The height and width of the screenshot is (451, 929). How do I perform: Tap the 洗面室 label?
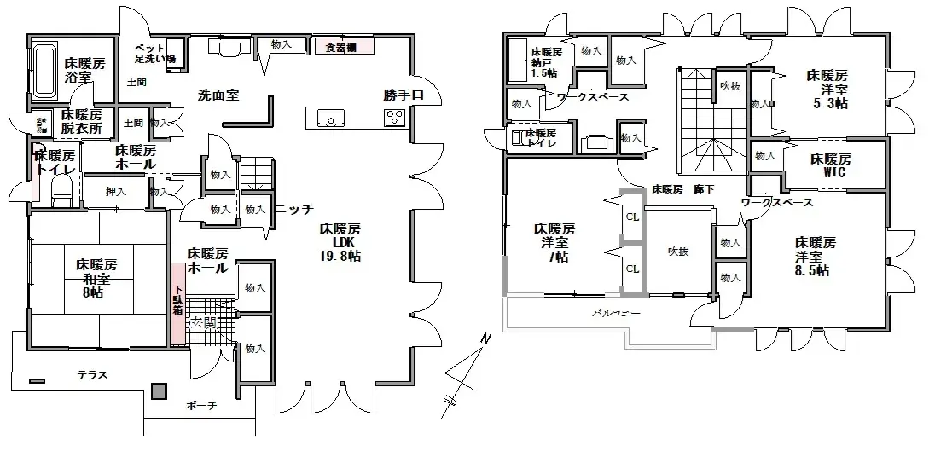(218, 95)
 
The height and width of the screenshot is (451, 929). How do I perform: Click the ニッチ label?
(294, 208)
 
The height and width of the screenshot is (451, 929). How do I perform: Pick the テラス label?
(92, 374)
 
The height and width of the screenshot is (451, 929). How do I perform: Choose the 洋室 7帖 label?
(554, 242)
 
